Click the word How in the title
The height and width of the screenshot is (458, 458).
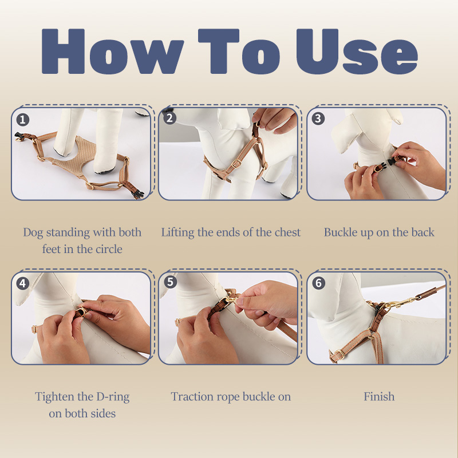click(x=113, y=52)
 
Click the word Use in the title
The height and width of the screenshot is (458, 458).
click(x=357, y=52)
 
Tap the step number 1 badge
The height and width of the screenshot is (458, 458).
click(x=23, y=120)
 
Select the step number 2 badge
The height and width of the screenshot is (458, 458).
click(x=169, y=119)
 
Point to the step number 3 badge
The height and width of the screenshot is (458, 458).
click(x=318, y=119)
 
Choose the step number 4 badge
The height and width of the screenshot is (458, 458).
click(x=23, y=283)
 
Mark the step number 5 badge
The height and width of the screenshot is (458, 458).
click(x=170, y=282)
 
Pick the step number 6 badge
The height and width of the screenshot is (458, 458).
click(x=318, y=283)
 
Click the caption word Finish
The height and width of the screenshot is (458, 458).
click(x=379, y=397)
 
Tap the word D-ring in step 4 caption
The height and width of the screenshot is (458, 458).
click(x=113, y=397)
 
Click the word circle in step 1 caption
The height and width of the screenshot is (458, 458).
click(x=109, y=249)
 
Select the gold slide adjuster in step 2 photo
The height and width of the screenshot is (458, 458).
click(x=236, y=164)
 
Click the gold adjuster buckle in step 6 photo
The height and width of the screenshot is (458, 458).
click(x=339, y=354)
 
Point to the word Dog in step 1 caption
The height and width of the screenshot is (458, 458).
click(x=33, y=233)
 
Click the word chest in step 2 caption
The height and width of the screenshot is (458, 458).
click(x=287, y=232)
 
